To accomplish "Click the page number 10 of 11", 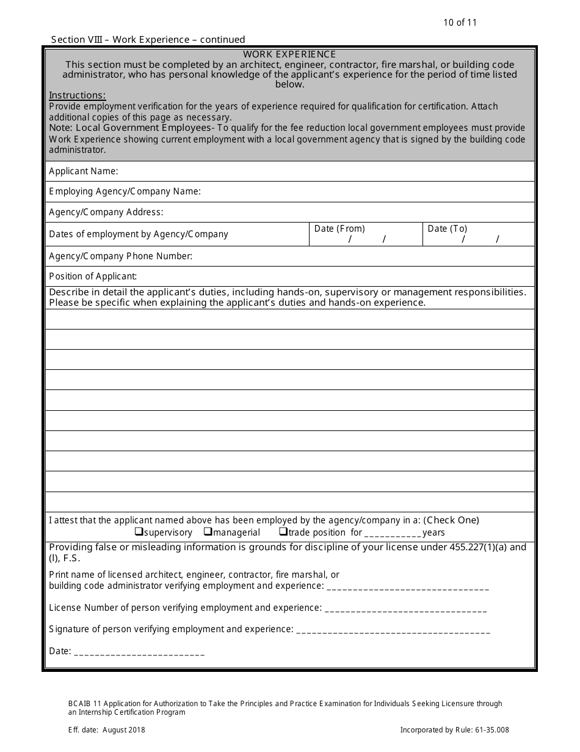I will [x=460, y=23].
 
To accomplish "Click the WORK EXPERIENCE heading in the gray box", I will [x=289, y=54].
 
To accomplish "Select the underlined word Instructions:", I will [x=77, y=95].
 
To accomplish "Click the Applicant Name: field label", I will [x=84, y=171].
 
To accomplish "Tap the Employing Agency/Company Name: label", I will [x=125, y=191].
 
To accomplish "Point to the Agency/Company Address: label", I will [x=106, y=212].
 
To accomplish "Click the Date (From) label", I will [x=339, y=229].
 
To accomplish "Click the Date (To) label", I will [x=448, y=229].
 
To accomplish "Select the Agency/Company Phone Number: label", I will [x=120, y=256].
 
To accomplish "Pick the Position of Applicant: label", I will [x=93, y=276].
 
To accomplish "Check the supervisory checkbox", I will [x=139, y=531].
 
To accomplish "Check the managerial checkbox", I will [x=208, y=531].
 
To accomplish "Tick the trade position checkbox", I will [x=283, y=531].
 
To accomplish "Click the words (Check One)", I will [x=451, y=520].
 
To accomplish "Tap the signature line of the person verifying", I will [x=393, y=630].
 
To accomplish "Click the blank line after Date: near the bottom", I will [x=139, y=652].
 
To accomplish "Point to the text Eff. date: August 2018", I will [x=107, y=729].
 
